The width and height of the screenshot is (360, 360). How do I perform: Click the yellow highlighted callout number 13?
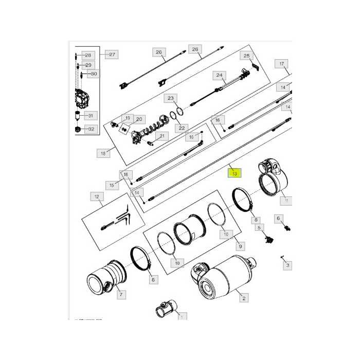pos(234,174)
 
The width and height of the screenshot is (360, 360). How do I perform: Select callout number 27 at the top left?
pos(112,55)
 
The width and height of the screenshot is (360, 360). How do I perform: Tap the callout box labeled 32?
pos(91,129)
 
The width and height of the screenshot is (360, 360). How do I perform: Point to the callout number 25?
pos(246,56)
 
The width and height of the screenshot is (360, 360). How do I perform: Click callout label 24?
pos(220,76)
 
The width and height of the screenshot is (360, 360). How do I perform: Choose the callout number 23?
pos(171,98)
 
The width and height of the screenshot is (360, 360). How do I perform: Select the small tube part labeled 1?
pos(165,311)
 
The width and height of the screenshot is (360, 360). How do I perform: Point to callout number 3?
pos(287,265)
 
